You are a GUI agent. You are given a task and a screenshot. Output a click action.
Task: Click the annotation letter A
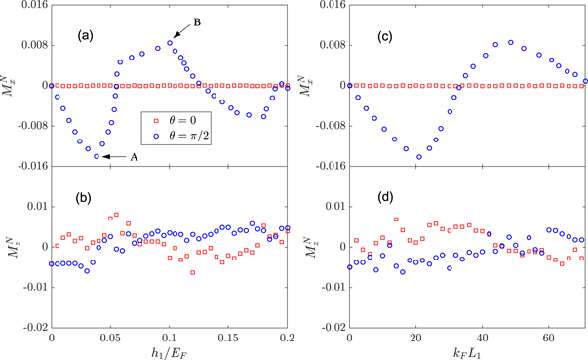click(137, 157)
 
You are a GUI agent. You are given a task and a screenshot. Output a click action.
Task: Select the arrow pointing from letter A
click(115, 157)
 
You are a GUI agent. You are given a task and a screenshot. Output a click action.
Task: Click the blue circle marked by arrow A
click(97, 156)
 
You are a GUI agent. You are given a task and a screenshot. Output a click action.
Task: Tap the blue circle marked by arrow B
click(170, 43)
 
